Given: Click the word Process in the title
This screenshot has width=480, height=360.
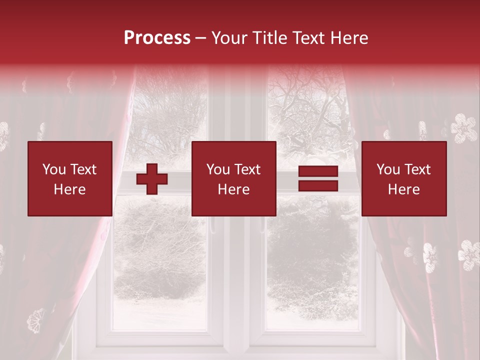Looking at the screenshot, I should [157, 38].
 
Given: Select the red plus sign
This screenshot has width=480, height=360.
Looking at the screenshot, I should [152, 179].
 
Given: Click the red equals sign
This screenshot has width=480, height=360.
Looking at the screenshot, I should [318, 179].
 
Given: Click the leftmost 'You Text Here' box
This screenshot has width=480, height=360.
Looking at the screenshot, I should [70, 179].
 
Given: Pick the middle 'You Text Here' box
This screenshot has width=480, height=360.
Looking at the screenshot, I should [234, 179].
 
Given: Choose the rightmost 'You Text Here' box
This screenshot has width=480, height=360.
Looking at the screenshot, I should [404, 179].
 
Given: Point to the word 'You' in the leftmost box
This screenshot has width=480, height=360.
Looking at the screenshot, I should [53, 169].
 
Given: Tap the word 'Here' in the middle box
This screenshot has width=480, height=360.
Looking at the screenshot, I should [234, 189].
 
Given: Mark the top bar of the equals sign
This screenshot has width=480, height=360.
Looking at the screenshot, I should [318, 172].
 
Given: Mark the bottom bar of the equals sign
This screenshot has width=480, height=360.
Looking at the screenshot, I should [318, 186].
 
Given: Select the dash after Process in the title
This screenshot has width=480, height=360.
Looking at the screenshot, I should [200, 38].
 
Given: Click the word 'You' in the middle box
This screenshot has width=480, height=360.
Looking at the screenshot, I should [217, 169].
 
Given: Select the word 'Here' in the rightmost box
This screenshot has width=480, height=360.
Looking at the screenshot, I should [404, 189].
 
